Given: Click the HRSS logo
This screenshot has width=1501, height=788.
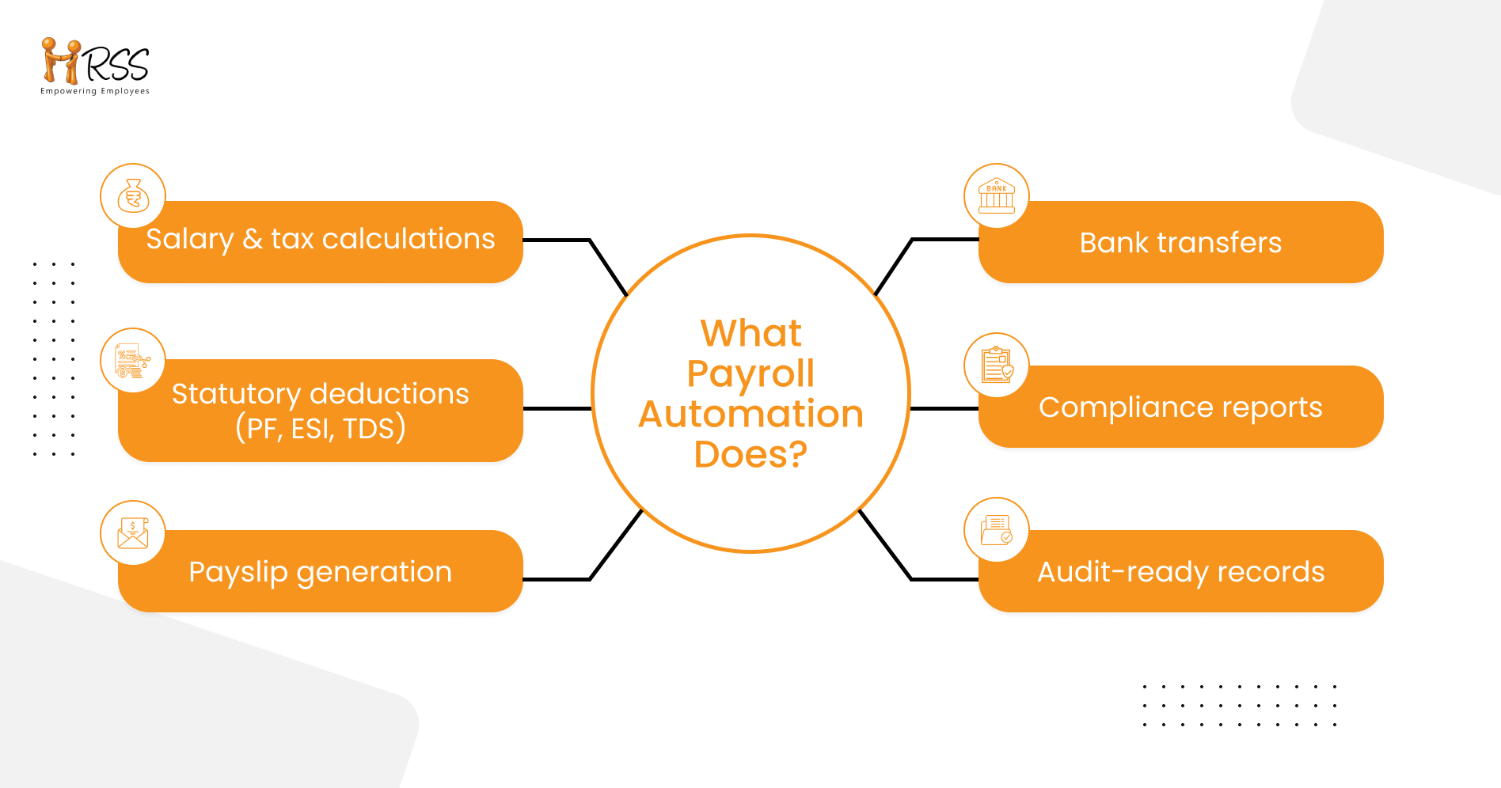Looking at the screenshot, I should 95,63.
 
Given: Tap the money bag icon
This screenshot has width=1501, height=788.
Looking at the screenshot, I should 133,196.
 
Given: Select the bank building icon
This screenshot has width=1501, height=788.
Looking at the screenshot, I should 996,196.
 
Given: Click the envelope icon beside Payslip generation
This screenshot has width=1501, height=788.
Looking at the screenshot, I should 133,533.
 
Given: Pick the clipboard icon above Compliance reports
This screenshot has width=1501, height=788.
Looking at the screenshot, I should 996,366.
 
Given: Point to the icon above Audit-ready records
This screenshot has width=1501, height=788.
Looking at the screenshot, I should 996,530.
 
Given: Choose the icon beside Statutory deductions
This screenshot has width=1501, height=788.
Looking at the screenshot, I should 133,361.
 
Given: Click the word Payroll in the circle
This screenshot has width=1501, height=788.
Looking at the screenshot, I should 750,373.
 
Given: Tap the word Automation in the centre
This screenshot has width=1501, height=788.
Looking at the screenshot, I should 750,414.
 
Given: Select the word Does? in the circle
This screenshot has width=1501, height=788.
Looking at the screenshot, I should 750,454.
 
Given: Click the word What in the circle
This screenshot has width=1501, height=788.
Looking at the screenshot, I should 750,333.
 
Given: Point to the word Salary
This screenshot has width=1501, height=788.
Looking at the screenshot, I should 190,239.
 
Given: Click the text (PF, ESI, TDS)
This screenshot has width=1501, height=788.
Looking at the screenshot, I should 321,428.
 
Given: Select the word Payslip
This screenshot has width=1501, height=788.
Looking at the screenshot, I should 237,572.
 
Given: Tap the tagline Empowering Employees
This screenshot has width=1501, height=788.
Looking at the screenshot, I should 95,91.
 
